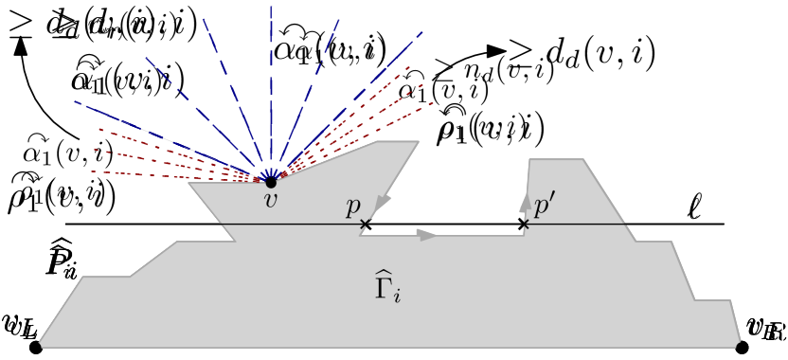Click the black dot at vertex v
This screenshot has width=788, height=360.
pyautogui.click(x=270, y=181)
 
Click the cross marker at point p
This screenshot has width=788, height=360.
pyautogui.click(x=366, y=225)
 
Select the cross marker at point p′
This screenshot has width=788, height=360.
pyautogui.click(x=523, y=225)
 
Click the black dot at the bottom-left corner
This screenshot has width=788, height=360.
pyautogui.click(x=36, y=347)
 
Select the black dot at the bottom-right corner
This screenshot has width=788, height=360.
pyautogui.click(x=742, y=347)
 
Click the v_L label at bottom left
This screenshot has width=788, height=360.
pyautogui.click(x=19, y=328)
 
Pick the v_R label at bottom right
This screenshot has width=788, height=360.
pyautogui.click(x=765, y=328)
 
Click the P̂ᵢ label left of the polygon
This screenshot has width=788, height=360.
pyautogui.click(x=61, y=259)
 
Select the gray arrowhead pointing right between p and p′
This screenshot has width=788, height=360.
pyautogui.click(x=428, y=235)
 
